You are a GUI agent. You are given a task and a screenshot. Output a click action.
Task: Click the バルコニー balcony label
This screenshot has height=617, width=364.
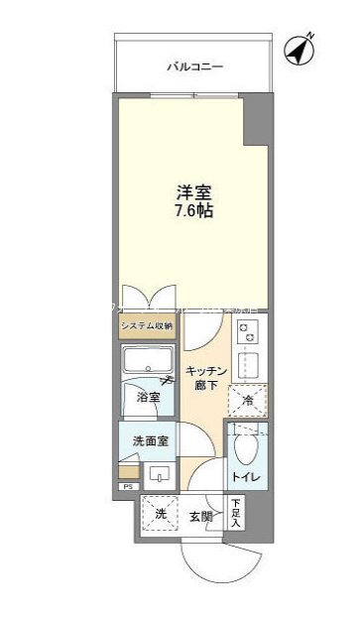click(x=193, y=66)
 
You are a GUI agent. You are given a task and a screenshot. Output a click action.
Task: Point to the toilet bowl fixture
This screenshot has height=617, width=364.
click(x=244, y=451)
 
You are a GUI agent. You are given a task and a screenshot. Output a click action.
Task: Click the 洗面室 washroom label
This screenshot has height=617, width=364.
click(x=148, y=437)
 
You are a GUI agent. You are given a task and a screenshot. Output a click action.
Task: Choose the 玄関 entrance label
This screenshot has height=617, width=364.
click(x=202, y=516)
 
